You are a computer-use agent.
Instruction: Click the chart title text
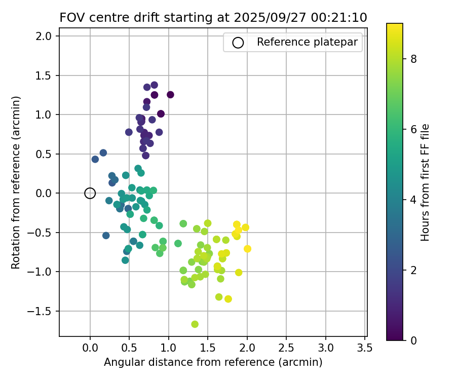213,18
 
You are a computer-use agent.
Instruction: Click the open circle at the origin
90,193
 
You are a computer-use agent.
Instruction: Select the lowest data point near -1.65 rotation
195,324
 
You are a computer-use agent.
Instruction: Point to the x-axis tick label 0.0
90,348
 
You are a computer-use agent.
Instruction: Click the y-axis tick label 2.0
44,36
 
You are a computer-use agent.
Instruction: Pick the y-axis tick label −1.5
42,311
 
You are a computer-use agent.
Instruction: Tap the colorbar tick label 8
413,59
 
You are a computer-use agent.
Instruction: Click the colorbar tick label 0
413,340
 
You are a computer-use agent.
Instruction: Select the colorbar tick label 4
413,200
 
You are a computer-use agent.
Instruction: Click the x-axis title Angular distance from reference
213,362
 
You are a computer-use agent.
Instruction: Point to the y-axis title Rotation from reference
16,182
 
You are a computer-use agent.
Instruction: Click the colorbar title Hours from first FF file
426,182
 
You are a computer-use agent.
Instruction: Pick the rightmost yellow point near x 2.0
247,249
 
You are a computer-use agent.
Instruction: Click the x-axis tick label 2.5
286,348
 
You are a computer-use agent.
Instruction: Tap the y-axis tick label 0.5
44,154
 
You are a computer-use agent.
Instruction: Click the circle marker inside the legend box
238,43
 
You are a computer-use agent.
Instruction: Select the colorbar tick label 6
413,129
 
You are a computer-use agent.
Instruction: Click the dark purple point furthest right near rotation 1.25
170,95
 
